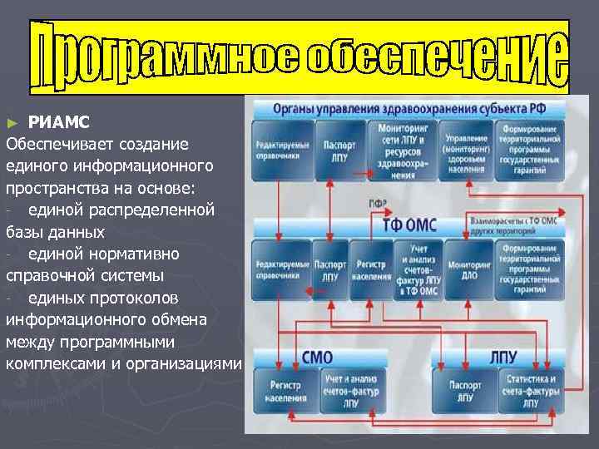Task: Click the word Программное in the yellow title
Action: pyautogui.click(x=166, y=55)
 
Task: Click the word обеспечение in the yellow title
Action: pyautogui.click(x=437, y=55)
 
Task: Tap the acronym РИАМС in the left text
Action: pyautogui.click(x=56, y=121)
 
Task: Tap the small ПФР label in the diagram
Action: pyautogui.click(x=376, y=205)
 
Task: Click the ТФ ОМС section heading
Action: pyautogui.click(x=408, y=225)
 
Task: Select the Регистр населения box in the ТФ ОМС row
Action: pyautogui.click(x=371, y=269)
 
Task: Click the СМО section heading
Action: pyautogui.click(x=318, y=358)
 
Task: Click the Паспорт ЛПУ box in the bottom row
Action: pyautogui.click(x=465, y=392)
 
